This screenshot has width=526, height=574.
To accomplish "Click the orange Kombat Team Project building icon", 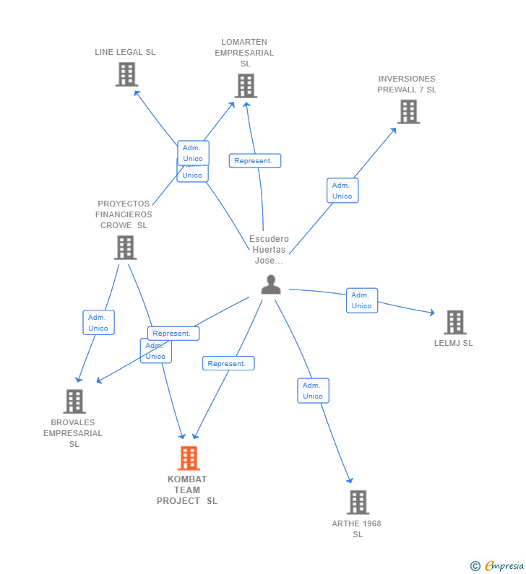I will [189, 458].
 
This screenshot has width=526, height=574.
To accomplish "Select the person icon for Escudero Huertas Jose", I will [271, 284].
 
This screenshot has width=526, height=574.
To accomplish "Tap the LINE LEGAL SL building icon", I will [126, 74].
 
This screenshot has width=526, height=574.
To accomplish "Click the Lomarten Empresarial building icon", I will [246, 86].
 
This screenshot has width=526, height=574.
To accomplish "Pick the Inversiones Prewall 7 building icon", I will [408, 112].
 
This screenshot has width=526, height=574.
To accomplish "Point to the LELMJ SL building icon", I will [454, 322].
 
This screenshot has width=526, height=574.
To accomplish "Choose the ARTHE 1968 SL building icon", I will [358, 502].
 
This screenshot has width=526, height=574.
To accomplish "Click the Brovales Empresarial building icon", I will [74, 401].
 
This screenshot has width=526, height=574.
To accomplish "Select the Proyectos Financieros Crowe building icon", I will [125, 248].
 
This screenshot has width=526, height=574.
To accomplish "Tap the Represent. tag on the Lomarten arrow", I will [254, 161].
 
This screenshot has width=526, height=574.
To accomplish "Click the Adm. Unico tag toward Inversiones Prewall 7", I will [342, 191].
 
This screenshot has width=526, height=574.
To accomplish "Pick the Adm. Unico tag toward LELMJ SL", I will [362, 300].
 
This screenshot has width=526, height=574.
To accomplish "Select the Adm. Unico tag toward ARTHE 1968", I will [313, 391].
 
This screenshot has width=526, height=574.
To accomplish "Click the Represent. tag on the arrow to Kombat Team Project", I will [228, 364].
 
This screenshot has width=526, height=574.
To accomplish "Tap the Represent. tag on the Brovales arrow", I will [173, 334].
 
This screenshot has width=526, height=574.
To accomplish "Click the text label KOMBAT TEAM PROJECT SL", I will [187, 490].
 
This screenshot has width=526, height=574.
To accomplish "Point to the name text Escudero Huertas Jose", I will [269, 249].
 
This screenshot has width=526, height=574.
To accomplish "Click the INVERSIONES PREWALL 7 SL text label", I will [407, 84].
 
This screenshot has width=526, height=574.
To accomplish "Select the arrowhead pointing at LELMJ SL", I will [432, 313].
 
